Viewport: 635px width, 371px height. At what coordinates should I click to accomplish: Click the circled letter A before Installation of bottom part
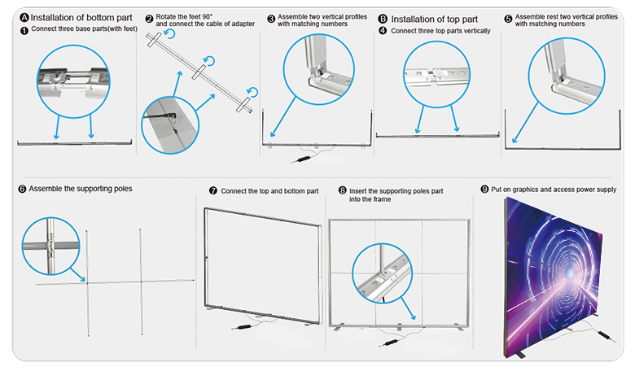coord(24,17)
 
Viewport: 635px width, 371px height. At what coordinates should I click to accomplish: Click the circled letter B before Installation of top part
coord(383,19)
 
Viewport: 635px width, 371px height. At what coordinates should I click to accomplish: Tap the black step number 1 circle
coord(24,30)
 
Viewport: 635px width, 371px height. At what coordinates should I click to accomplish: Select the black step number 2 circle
coord(150,19)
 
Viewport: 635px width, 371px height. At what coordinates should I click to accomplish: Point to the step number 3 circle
coord(271,19)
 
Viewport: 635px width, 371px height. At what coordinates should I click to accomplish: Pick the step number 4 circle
coord(383,30)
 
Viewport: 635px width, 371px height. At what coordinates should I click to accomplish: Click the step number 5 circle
coord(508,19)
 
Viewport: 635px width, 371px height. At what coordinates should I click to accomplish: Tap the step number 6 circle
coord(22,189)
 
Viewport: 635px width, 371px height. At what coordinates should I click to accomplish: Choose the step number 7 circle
coord(213,190)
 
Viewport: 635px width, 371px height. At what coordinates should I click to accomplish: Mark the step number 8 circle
coord(343,190)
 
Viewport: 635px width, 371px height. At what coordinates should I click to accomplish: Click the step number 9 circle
coord(484,189)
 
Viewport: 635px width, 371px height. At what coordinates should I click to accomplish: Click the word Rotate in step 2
coord(165,16)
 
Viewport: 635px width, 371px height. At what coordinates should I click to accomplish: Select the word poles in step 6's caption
coord(123,189)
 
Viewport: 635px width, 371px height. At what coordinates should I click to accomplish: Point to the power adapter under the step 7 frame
coord(243,326)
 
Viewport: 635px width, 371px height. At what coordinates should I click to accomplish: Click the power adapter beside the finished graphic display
coord(605,335)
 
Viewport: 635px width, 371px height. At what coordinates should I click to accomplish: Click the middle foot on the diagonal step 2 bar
coord(199,72)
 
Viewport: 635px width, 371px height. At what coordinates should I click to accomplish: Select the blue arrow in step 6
coord(78,274)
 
